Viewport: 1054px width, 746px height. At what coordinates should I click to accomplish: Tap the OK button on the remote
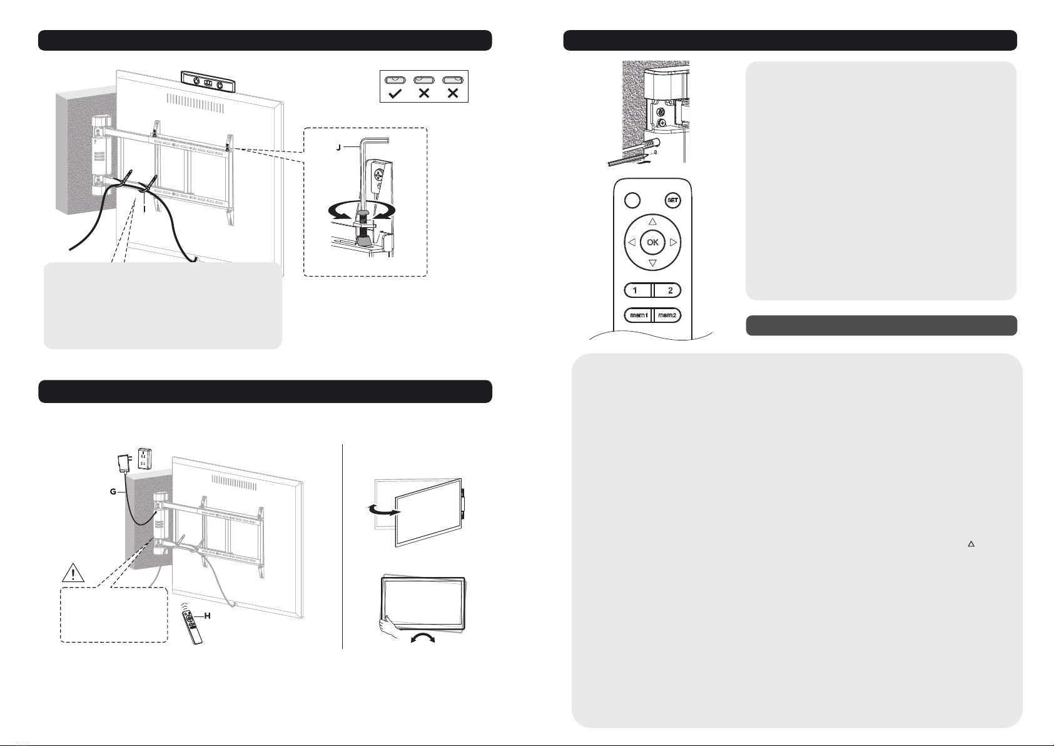652,242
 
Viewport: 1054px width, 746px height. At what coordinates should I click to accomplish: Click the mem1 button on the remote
638,315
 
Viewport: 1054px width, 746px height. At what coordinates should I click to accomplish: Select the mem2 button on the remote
667,315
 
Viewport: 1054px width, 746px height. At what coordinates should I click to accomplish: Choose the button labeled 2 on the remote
667,290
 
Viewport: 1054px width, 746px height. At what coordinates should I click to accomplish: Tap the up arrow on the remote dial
652,222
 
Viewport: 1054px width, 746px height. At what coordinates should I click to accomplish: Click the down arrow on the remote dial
652,263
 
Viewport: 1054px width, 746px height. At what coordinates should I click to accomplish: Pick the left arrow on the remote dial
632,242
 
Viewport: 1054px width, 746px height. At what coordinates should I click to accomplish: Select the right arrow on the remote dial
673,242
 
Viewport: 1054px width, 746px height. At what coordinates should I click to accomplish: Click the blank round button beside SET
632,200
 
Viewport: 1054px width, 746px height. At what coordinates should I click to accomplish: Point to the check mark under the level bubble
395,94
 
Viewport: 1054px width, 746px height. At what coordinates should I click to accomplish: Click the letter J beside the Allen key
338,148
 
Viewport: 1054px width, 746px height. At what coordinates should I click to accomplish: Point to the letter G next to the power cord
113,492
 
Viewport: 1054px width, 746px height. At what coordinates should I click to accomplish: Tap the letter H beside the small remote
207,616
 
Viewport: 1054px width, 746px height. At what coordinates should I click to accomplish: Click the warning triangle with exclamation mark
73,573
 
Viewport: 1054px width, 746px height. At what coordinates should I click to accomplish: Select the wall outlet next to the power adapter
143,458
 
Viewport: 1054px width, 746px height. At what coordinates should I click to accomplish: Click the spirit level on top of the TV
208,81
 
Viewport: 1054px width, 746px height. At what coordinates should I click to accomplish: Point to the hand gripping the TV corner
389,627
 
